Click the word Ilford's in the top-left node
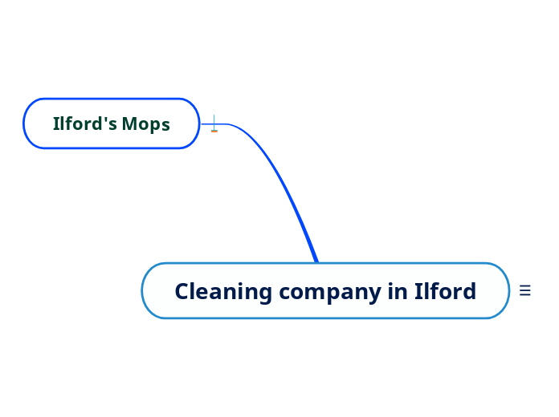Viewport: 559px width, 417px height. coord(85,124)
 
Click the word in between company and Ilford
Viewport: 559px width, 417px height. coord(398,291)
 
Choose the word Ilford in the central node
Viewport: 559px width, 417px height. coord(445,291)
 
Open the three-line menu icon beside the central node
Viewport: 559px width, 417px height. coord(525,291)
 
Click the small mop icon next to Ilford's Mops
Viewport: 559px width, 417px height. coord(214,123)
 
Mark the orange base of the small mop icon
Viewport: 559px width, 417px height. coord(214,130)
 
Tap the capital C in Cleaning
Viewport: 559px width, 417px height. coord(182,291)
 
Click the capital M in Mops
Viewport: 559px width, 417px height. coord(130,124)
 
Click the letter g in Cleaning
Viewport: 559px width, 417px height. coord(266,294)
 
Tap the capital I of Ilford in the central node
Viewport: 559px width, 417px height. coord(418,291)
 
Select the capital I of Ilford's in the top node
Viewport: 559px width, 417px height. coord(56,124)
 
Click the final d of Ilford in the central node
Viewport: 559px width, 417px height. coord(470,291)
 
